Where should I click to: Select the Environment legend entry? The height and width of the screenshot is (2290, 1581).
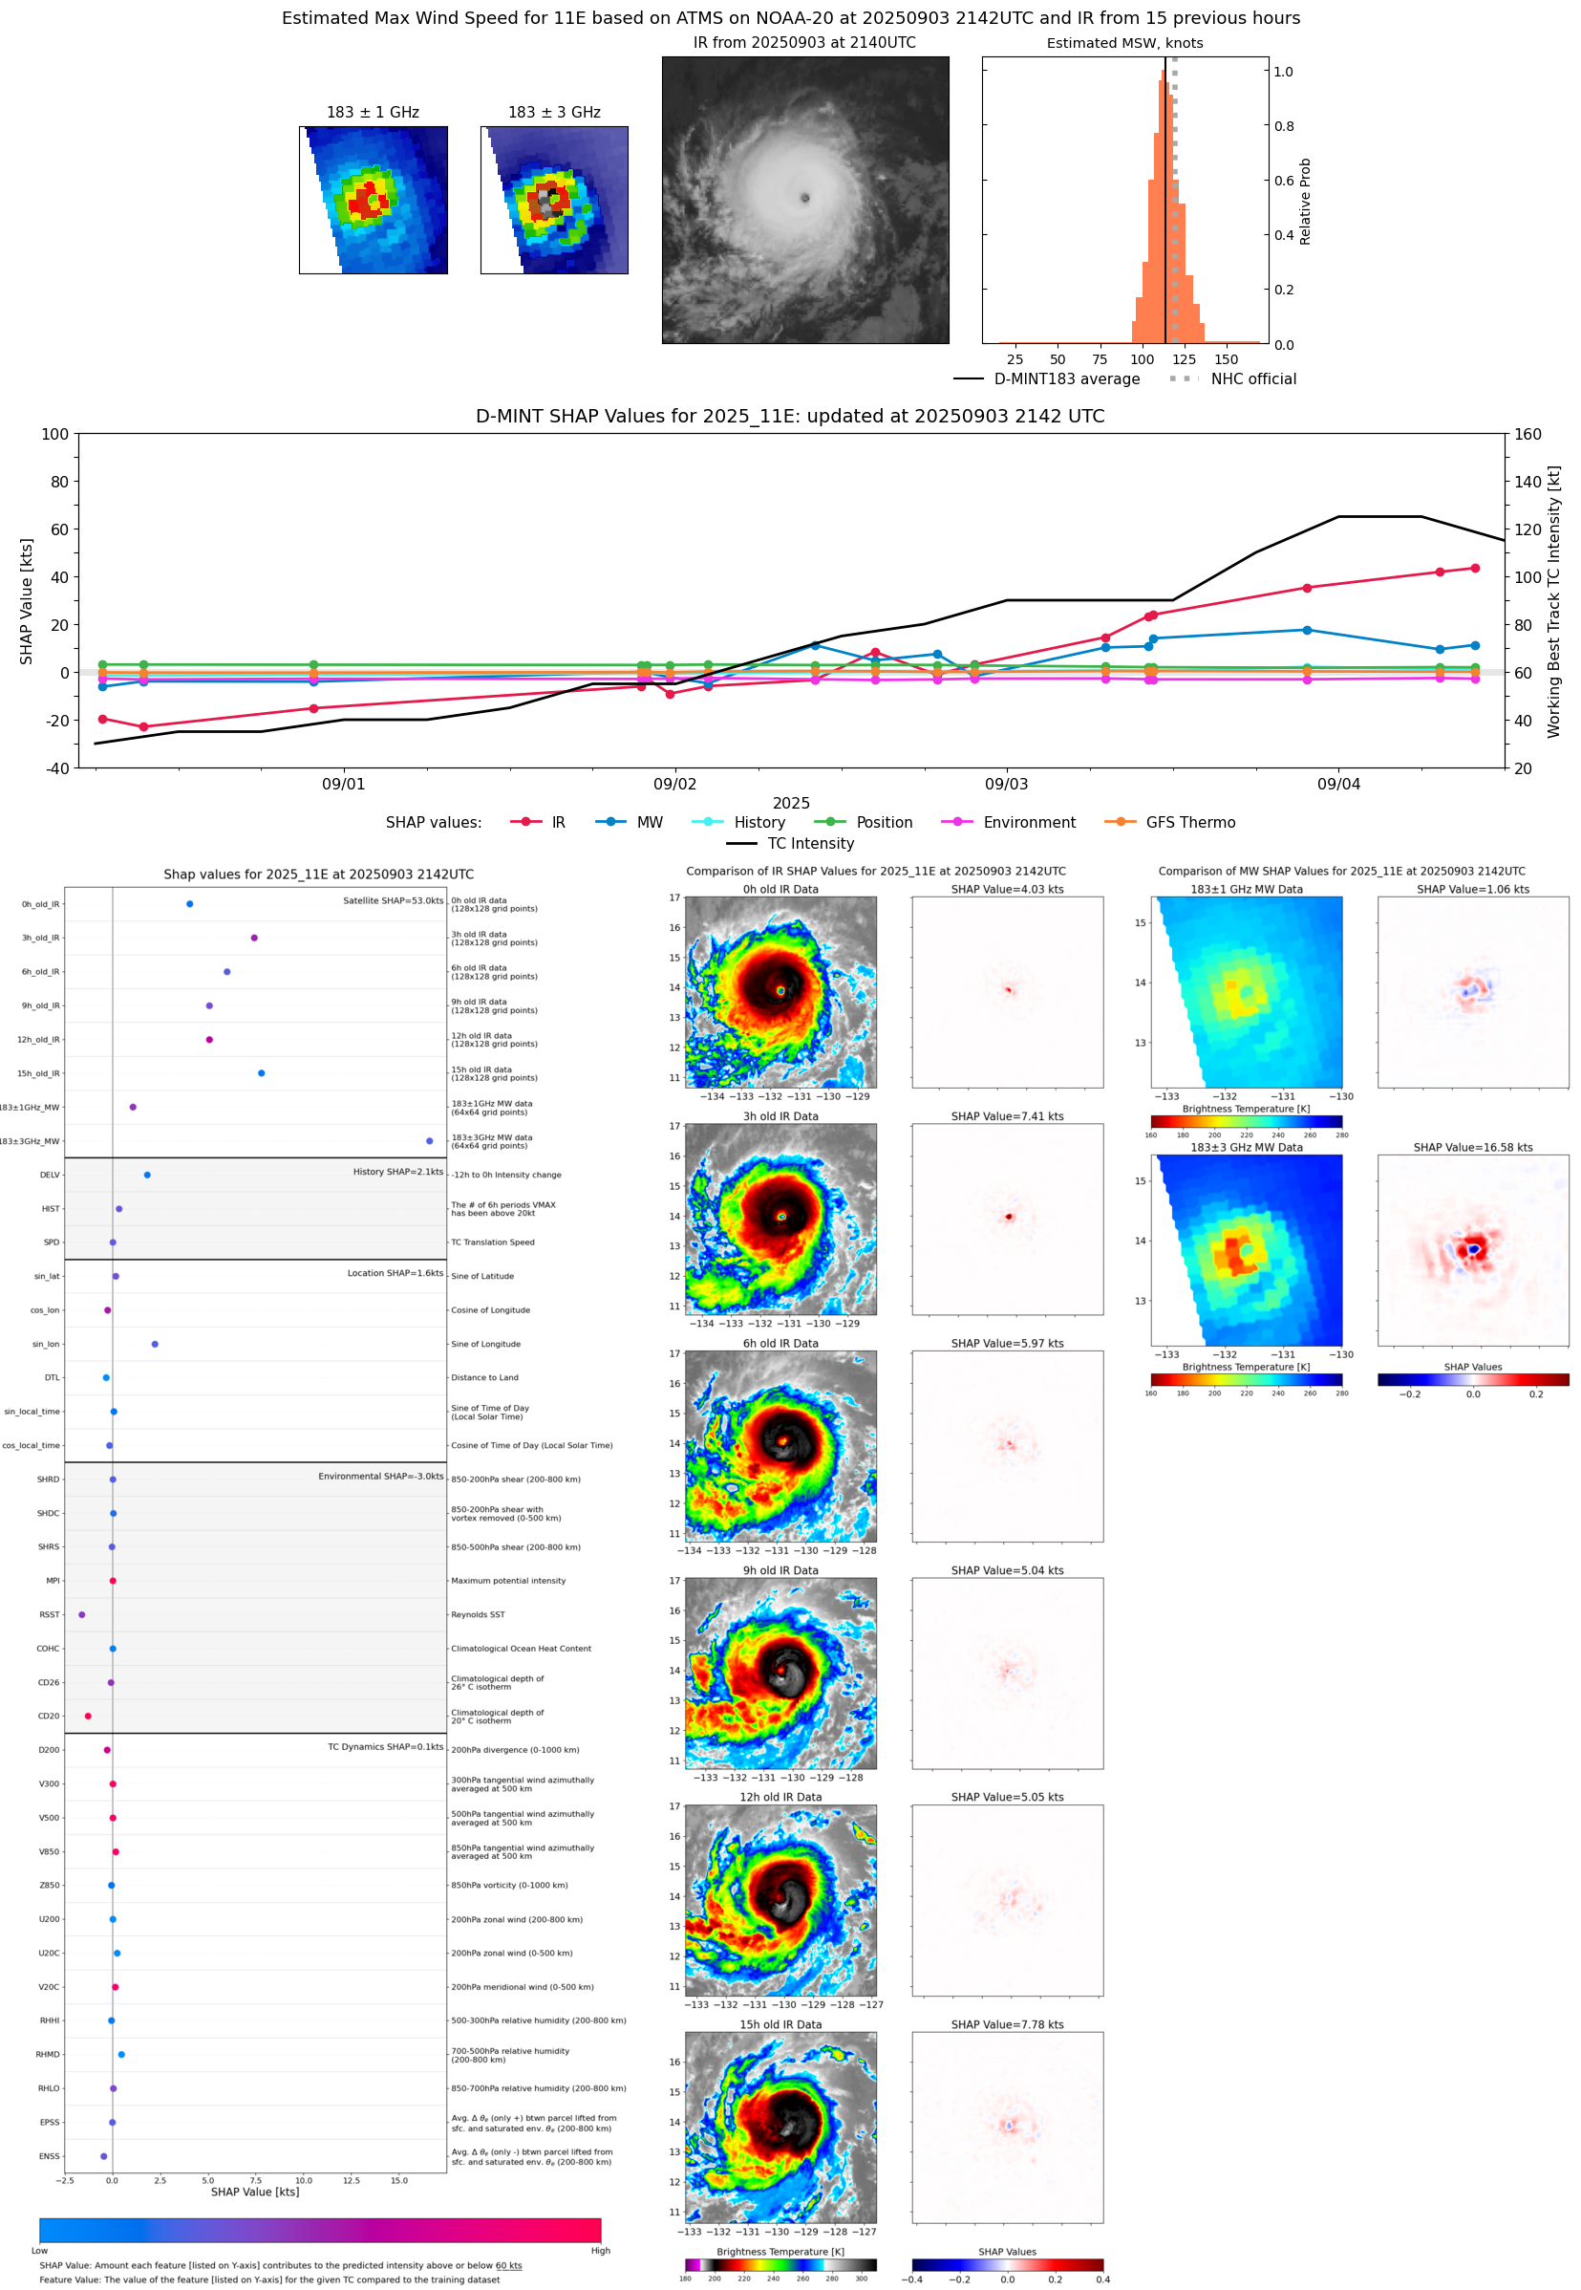[1028, 823]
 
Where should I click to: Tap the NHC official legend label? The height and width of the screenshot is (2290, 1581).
[1253, 378]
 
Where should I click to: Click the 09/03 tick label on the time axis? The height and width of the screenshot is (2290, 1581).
[1006, 784]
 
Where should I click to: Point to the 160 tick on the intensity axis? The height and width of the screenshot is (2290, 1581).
[1528, 434]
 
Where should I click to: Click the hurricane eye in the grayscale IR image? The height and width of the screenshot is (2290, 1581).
[804, 198]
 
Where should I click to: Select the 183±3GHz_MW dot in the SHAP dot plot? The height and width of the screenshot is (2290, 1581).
[429, 1140]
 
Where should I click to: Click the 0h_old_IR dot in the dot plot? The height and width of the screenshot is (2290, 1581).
[189, 904]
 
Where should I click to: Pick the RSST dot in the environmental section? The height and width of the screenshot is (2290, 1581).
[81, 1614]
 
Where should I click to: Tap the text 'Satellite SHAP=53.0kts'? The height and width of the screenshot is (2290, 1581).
[393, 900]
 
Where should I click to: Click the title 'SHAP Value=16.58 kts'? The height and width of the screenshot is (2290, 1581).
[1472, 1148]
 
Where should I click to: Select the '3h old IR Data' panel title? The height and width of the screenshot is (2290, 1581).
[780, 1116]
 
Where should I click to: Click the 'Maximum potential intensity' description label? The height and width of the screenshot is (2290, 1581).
[508, 1581]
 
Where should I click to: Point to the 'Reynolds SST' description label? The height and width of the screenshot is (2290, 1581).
[478, 1614]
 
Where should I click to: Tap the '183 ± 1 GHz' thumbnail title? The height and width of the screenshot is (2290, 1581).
[373, 113]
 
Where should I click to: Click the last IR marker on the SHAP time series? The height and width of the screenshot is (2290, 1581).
[1475, 568]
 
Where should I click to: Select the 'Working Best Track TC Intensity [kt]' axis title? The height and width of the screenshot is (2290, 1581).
[1553, 601]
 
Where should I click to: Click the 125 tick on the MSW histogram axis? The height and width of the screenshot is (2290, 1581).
[1184, 359]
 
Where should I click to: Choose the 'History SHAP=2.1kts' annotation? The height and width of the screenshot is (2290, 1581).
[397, 1171]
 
